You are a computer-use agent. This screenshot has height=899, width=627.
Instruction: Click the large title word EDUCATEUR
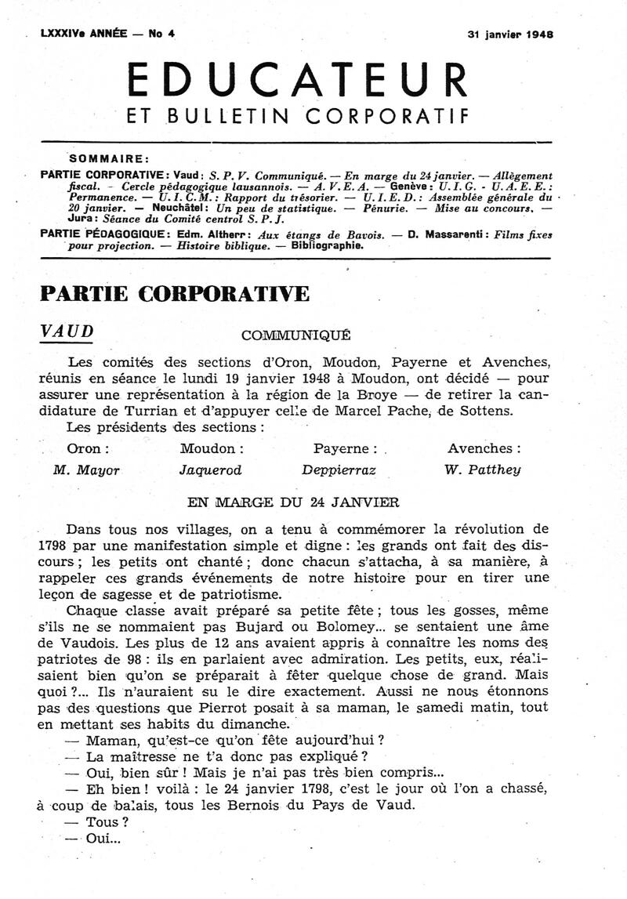pos(297,78)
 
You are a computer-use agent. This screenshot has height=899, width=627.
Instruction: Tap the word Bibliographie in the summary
pos(327,245)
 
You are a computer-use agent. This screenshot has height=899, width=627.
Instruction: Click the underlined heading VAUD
pos(67,332)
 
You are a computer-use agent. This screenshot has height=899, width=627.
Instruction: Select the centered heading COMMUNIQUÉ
pos(296,336)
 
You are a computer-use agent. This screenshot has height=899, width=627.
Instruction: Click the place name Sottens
pos(491,411)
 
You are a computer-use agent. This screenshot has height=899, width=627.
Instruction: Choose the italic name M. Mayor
pos(86,470)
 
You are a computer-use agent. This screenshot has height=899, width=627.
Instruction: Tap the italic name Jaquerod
pos(211,470)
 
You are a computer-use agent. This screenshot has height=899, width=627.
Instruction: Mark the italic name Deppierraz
pos(339,470)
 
